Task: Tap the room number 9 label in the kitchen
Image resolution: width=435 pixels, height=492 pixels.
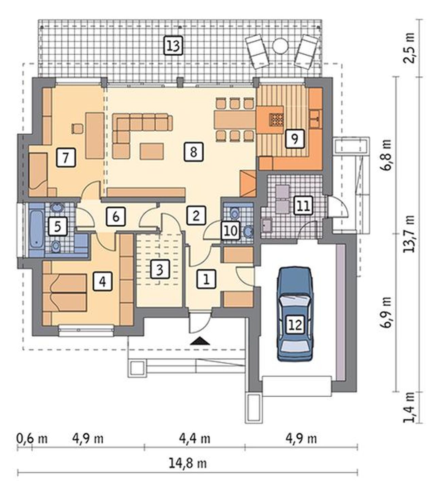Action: coord(295,139)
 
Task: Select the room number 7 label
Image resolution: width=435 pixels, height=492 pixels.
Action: coord(66,158)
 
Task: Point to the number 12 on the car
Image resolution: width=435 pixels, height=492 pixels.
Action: coord(296,325)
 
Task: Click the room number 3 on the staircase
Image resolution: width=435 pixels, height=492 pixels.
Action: coord(160,269)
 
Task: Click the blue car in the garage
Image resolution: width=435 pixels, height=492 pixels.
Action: coord(295,314)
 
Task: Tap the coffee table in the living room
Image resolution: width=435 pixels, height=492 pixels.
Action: coord(152,151)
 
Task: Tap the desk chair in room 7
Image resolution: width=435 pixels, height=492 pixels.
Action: coord(77,128)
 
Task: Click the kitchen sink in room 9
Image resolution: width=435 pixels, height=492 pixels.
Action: coord(315,118)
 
